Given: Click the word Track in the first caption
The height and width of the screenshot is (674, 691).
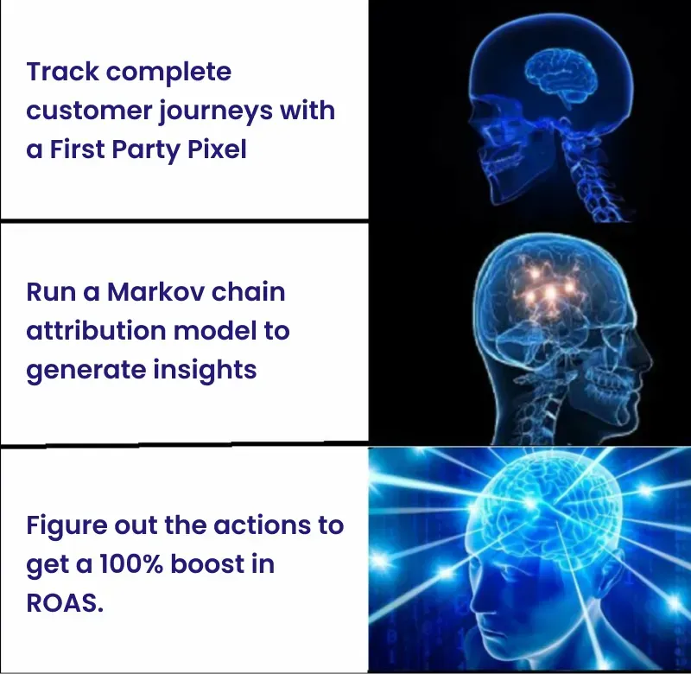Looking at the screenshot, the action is [61, 71].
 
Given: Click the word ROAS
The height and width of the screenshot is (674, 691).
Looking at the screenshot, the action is [65, 603].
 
